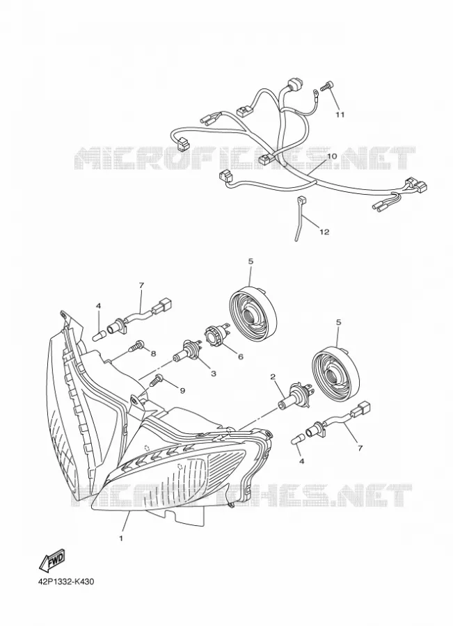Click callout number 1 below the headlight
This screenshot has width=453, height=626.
click(121, 538)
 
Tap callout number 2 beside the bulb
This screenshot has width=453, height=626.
click(273, 376)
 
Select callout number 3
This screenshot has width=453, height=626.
click(214, 374)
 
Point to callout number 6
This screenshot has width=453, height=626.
click(241, 357)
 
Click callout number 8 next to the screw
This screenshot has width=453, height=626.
click(153, 353)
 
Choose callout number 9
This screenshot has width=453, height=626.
click(182, 390)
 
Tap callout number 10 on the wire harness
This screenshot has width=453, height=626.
click(332, 156)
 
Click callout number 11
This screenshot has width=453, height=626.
click(340, 115)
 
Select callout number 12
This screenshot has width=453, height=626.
click(324, 232)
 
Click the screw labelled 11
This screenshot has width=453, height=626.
click(328, 85)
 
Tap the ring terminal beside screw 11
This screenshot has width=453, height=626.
click(315, 93)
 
